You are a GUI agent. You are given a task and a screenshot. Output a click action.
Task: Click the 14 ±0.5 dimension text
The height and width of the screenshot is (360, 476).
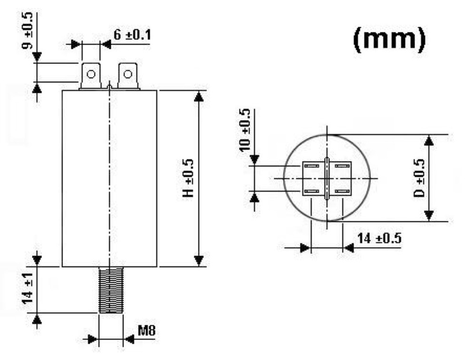(379, 239)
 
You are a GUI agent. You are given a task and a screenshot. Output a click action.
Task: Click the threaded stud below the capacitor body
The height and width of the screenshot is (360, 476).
(110, 290)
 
